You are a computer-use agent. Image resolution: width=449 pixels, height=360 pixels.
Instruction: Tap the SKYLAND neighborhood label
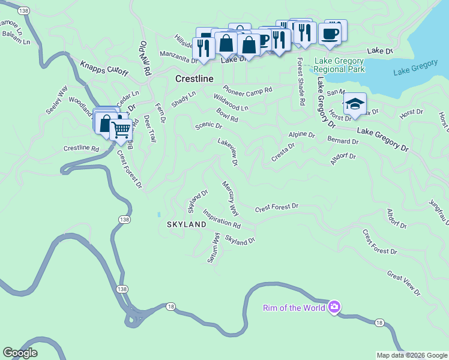[186, 224]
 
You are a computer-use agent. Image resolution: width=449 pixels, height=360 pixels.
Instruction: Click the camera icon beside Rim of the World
[334, 308]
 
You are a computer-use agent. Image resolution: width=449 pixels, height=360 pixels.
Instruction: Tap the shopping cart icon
[121, 129]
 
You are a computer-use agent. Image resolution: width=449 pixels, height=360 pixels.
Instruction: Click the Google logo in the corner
[20, 352]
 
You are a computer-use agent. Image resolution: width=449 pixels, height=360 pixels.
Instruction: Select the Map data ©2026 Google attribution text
[411, 355]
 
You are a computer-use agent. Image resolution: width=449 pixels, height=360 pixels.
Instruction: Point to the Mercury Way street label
[230, 198]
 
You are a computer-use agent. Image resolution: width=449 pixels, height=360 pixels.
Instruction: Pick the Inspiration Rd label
[221, 219]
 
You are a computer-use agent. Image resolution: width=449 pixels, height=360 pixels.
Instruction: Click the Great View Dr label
[404, 283]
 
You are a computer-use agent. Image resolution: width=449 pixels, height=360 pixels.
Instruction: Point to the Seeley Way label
[57, 102]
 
